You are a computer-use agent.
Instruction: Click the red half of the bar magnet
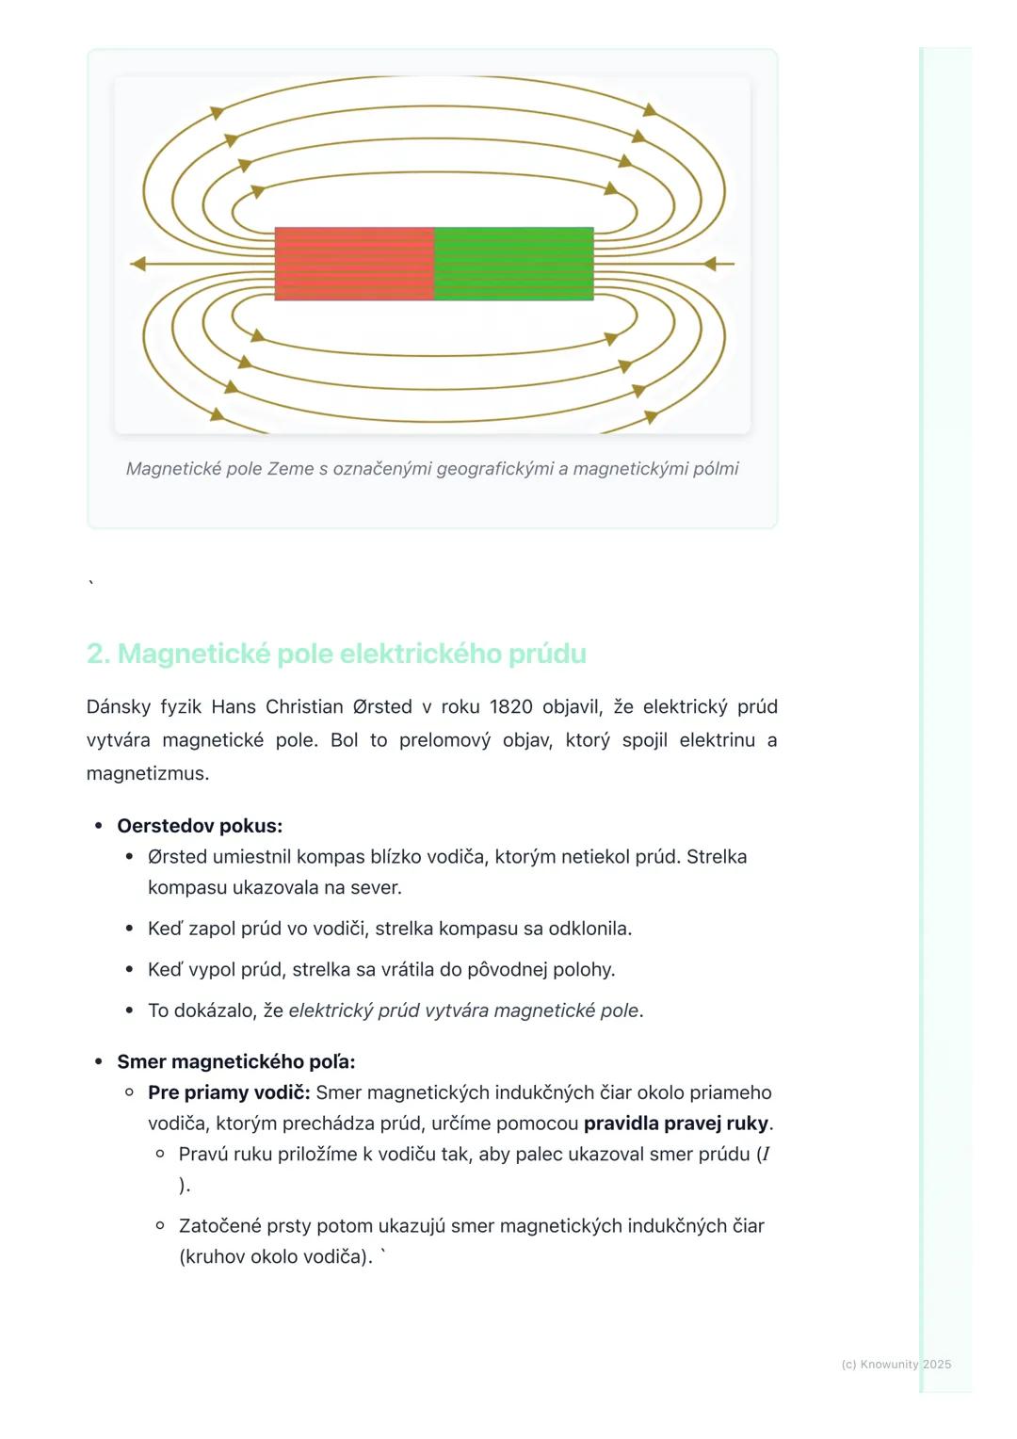point(354,264)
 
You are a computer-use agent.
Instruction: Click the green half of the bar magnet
point(513,264)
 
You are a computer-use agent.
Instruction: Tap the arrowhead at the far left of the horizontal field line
point(137,264)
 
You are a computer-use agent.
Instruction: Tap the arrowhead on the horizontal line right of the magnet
point(710,264)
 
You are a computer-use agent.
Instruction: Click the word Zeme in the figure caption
point(290,469)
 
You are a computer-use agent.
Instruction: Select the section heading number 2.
point(97,654)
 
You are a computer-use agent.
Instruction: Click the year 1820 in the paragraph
point(510,706)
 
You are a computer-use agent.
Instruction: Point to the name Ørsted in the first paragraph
point(382,706)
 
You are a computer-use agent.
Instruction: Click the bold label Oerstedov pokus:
point(200,826)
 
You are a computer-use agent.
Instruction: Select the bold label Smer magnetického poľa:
point(236,1061)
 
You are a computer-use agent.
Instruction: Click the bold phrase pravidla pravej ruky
point(676,1124)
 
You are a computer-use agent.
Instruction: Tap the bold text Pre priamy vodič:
point(229,1092)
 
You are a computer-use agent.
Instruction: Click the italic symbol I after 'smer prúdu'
point(766,1155)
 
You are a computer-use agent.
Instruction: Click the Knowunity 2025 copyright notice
point(896,1365)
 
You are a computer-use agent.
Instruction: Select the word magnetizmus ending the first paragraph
point(146,773)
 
